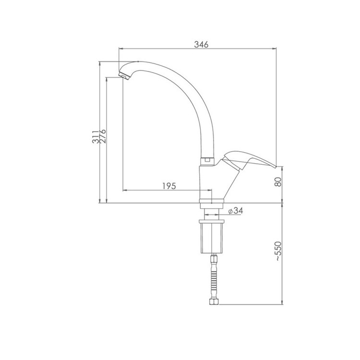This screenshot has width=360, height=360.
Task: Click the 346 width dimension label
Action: [x=201, y=44]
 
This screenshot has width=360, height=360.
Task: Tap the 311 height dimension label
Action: [x=96, y=137]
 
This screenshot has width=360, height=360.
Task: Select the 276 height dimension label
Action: [x=103, y=136]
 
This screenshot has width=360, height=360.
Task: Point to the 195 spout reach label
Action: [x=169, y=186]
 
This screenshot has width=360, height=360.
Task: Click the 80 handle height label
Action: [x=278, y=182]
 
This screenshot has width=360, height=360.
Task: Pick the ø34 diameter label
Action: [x=236, y=211]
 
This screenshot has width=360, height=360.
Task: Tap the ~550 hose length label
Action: [x=278, y=251]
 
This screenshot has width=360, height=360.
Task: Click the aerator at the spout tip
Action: [x=124, y=75]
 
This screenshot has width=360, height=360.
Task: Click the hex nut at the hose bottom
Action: [x=214, y=301]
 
